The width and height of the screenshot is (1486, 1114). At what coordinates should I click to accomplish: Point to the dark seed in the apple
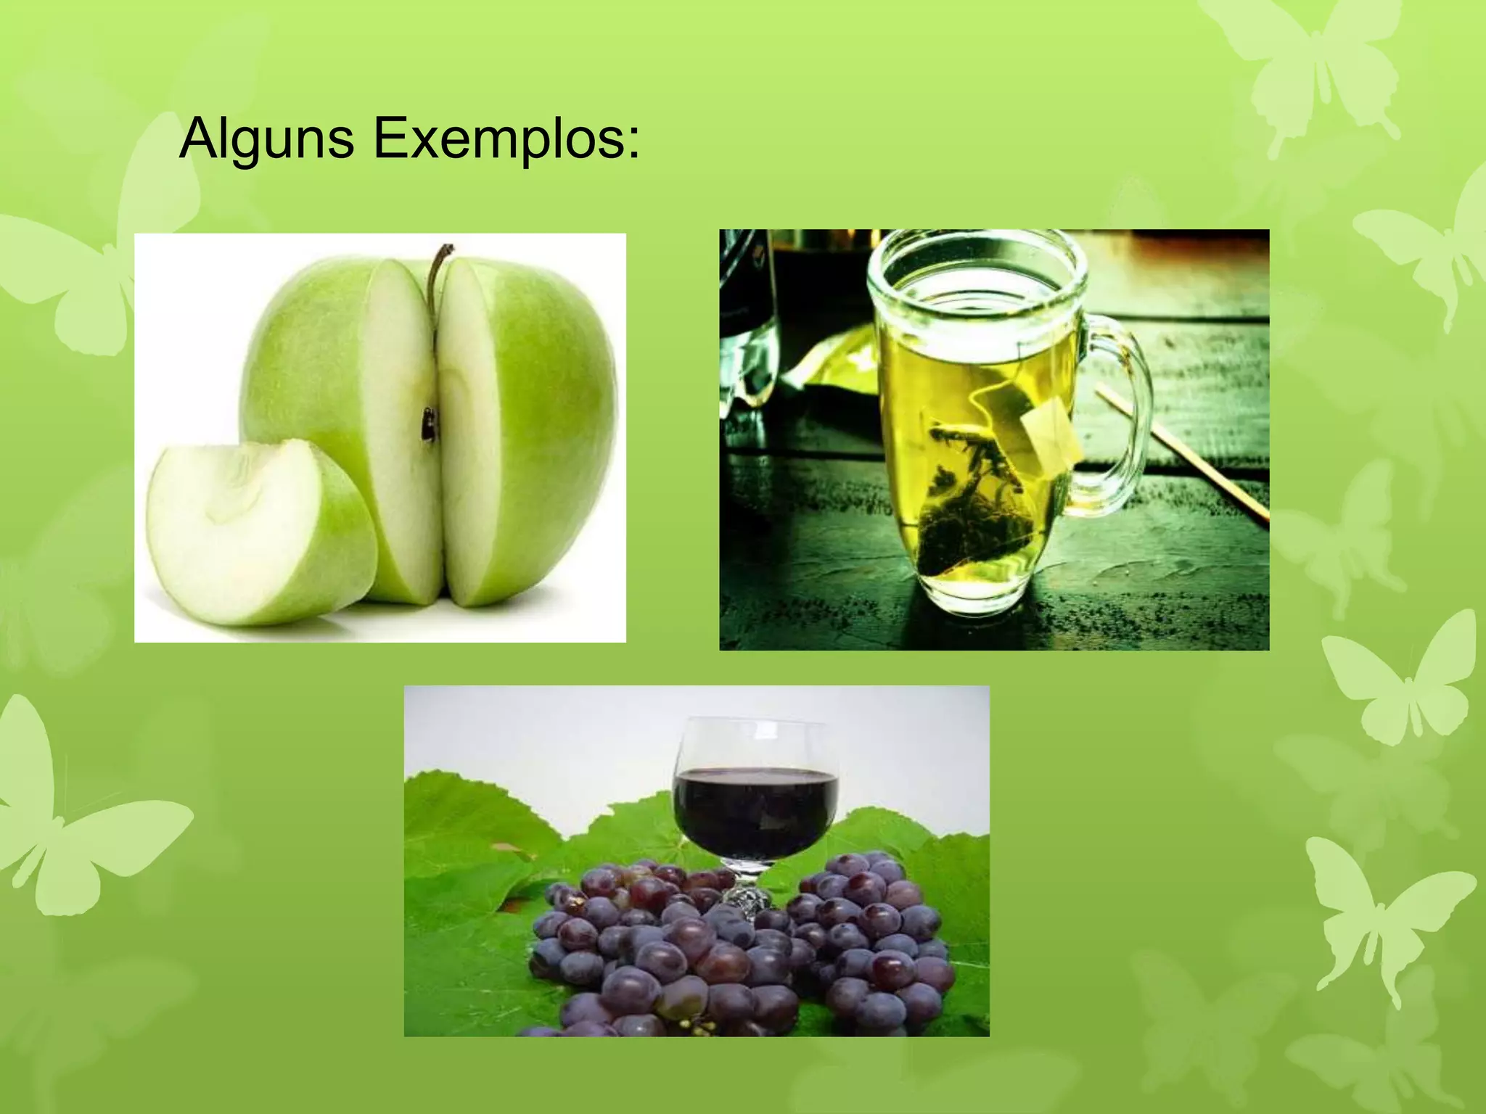(430, 424)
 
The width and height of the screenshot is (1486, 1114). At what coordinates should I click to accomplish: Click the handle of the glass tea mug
(1121, 413)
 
